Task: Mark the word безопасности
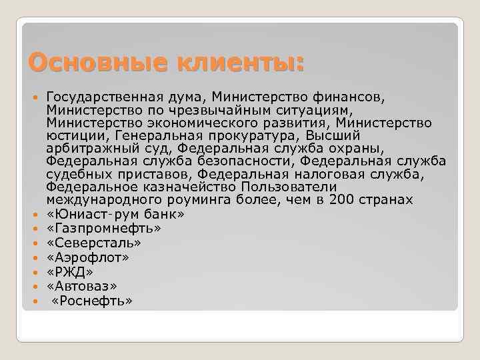(242, 161)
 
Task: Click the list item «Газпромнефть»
(104, 228)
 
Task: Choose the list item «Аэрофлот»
(88, 257)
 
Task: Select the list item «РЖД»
(70, 272)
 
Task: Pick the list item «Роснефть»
(92, 301)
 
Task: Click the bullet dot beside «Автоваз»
(35, 287)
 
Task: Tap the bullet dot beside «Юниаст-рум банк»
(35, 214)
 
